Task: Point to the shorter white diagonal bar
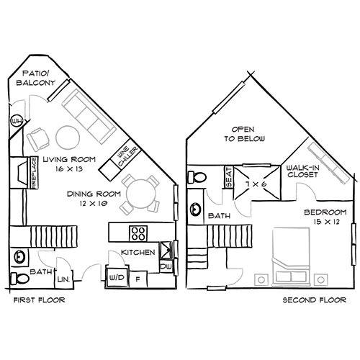[58, 91]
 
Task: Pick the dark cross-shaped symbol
[253, 184]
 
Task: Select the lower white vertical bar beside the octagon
[354, 253]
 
